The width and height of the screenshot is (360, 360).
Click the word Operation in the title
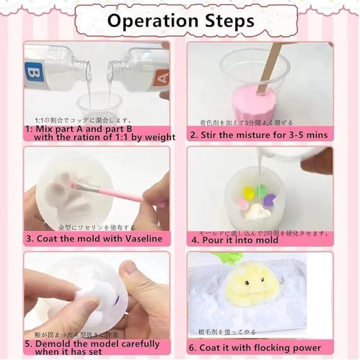click(152, 21)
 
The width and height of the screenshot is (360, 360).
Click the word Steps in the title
click(229, 21)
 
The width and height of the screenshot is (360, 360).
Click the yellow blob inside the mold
click(248, 192)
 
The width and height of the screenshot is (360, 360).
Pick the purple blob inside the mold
click(269, 199)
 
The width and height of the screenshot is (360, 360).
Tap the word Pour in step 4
click(212, 240)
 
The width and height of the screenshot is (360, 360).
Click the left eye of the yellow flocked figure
click(247, 282)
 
